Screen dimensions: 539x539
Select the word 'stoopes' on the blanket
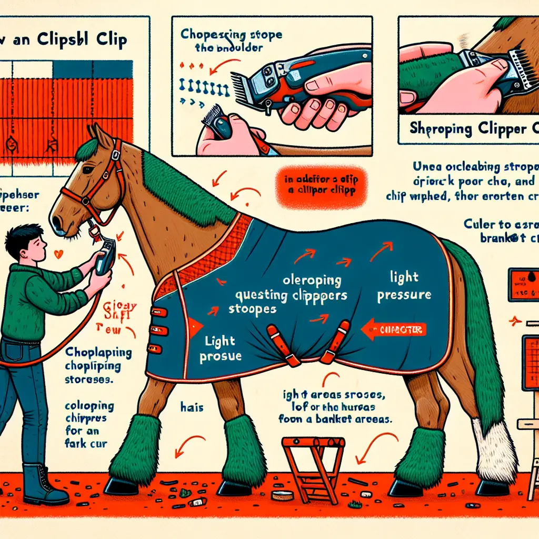252,310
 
